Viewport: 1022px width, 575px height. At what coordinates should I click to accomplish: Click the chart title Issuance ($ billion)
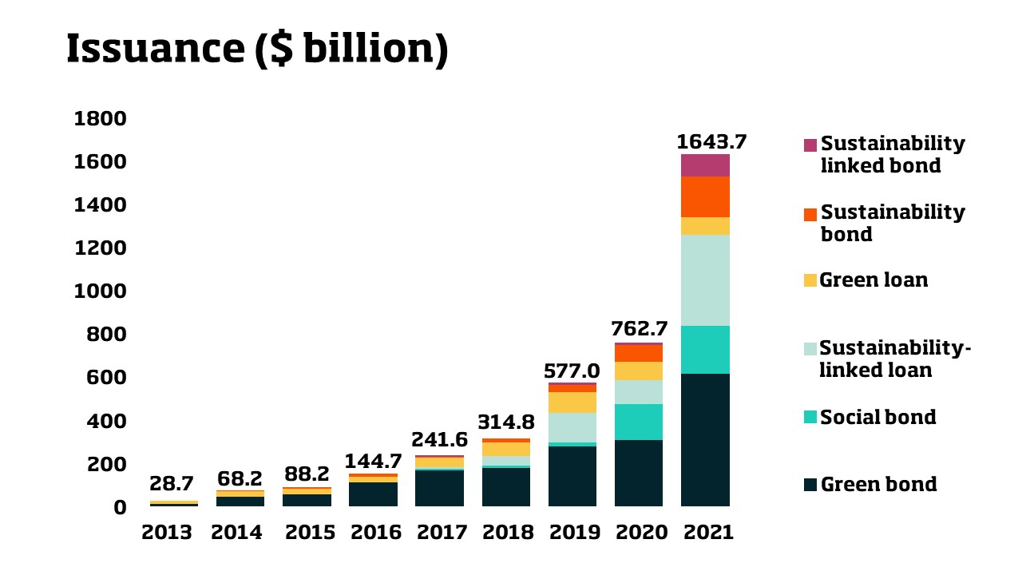coord(256,50)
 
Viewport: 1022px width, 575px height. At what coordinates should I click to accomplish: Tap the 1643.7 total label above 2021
coord(711,141)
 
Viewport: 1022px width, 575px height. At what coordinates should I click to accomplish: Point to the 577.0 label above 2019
coord(572,371)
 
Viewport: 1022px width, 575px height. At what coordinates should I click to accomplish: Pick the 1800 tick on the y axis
coord(100,119)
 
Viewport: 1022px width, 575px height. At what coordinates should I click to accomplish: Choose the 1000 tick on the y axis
coord(100,291)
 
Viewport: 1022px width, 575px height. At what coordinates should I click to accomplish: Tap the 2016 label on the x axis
coord(374,533)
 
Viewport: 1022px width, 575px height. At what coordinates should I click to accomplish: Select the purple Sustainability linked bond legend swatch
coord(810,145)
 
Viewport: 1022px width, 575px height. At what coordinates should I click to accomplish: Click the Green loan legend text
coord(874,280)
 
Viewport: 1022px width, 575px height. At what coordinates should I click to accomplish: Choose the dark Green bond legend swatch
coord(810,485)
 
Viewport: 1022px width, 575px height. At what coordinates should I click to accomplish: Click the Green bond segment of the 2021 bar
coord(705,439)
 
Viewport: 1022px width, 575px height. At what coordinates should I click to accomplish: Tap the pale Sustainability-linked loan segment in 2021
coord(705,280)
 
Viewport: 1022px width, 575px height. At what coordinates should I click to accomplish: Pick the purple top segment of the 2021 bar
coord(705,165)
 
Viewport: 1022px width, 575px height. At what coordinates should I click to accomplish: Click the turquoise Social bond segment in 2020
coord(639,422)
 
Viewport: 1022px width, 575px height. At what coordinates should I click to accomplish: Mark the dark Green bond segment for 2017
coord(439,488)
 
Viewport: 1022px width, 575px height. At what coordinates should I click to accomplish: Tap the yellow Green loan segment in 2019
coord(572,402)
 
